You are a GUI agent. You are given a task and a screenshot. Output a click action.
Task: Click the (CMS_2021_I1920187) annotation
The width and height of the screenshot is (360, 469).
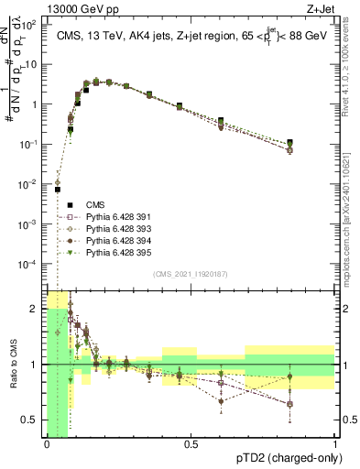191,275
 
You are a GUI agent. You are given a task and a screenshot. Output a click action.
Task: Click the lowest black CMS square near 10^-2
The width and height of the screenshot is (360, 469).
57,190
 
